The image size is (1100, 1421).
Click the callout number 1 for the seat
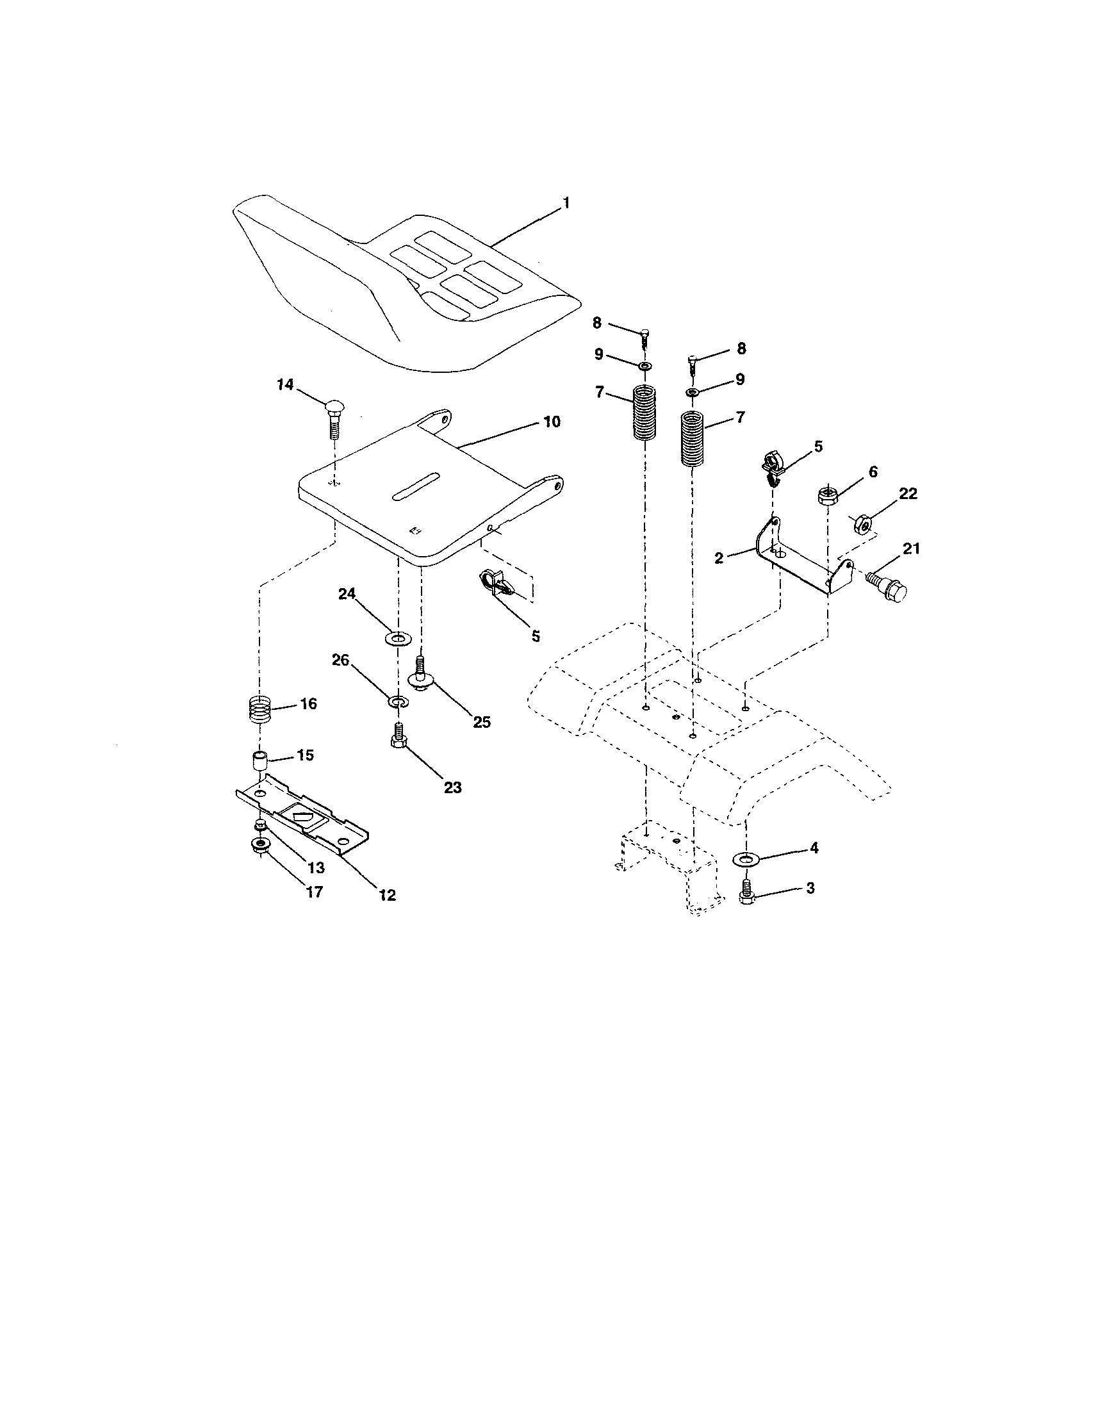[x=565, y=203]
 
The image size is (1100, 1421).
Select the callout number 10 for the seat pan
[x=551, y=422]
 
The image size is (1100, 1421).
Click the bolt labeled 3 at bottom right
[x=746, y=892]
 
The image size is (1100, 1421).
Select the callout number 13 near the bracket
[x=316, y=867]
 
